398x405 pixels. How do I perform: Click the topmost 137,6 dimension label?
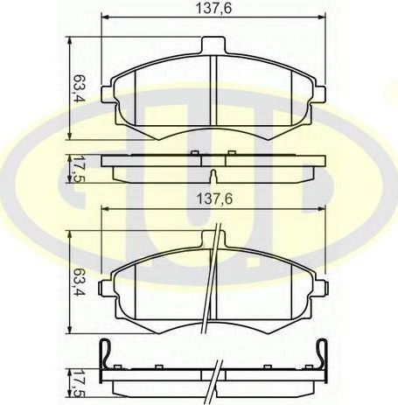pos(206,9)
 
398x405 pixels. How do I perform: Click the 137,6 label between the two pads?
pos(207,199)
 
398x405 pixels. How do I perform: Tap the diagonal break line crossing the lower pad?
pos(208,289)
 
